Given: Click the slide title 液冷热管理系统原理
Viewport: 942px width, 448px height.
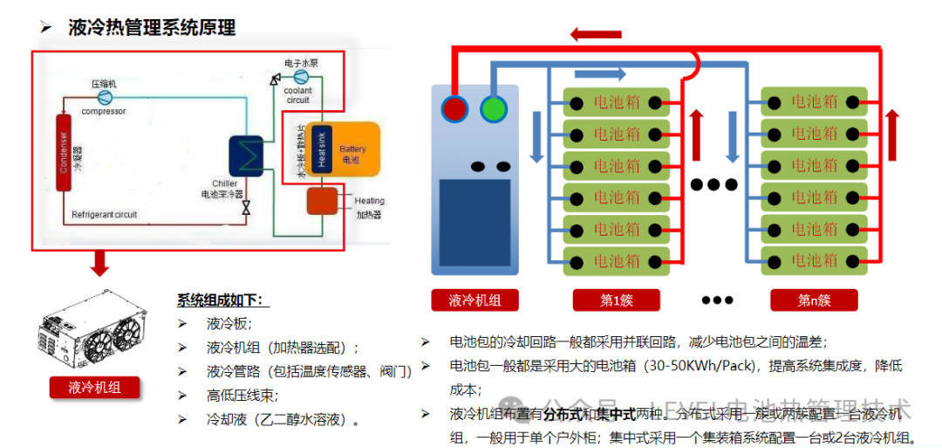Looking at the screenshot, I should [x=152, y=28].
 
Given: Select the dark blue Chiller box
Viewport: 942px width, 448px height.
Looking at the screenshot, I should [x=247, y=157].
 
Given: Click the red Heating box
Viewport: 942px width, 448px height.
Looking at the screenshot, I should [x=323, y=201].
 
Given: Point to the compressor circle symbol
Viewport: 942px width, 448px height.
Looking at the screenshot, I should [x=106, y=95].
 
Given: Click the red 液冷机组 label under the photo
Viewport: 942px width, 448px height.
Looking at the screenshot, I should [x=93, y=387].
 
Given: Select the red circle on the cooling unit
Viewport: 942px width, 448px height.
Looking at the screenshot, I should [x=454, y=108].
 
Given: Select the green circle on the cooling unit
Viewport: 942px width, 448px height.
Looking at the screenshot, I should [x=493, y=108].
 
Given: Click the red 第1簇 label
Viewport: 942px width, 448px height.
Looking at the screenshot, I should [x=616, y=300].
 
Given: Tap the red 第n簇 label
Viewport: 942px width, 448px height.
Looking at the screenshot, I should [x=814, y=300].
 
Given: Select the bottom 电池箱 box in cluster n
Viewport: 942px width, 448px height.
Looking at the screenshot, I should [x=814, y=260].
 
